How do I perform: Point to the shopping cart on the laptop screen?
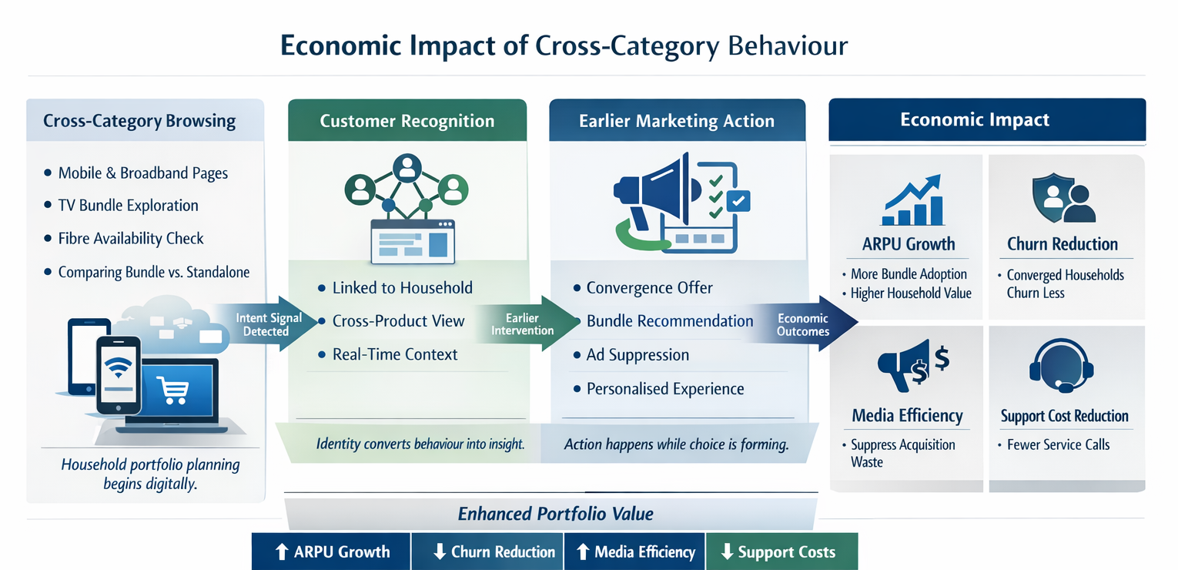coord(171,390)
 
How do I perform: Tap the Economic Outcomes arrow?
coord(805,324)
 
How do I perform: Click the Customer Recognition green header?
coord(407,121)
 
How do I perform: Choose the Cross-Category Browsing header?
coord(139,121)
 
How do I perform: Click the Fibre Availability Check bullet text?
coord(131,239)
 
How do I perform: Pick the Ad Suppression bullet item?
coord(638,355)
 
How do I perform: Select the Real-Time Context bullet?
coord(394,355)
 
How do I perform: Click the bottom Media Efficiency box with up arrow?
coord(635,552)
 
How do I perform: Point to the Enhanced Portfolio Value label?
coord(555,514)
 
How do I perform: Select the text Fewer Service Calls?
coord(1058,445)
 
